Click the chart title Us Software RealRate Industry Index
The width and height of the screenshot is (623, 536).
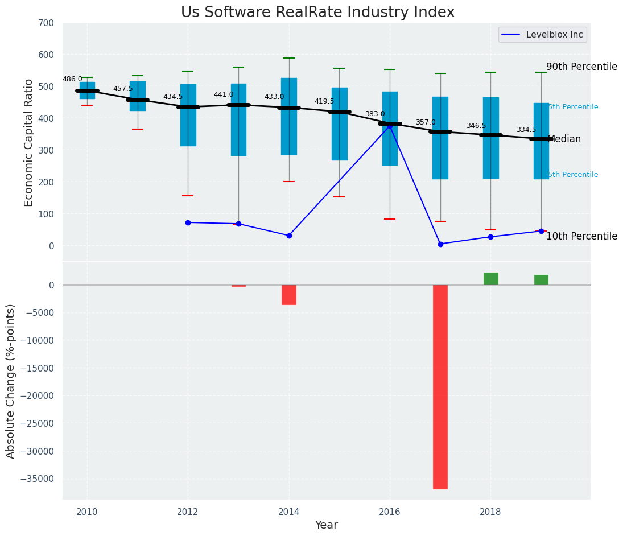point(317,13)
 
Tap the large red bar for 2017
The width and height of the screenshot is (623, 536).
point(440,386)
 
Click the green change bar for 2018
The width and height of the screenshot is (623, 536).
point(490,279)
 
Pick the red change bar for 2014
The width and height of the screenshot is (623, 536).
point(289,295)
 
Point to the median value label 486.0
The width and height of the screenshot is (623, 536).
point(72,80)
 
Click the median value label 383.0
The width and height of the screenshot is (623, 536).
point(375,114)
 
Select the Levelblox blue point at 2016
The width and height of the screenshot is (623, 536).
point(390,126)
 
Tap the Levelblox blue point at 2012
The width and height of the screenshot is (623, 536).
point(188,222)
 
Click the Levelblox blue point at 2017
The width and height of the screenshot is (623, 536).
point(440,244)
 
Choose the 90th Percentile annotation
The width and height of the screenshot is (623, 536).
point(581,67)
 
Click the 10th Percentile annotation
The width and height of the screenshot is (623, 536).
point(581,237)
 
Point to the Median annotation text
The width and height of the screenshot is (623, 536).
point(564,139)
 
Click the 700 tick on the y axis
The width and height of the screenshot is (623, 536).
point(46,23)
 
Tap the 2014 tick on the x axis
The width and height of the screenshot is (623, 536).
point(289,512)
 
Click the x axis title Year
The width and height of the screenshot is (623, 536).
point(327,525)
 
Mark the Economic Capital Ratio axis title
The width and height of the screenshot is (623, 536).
point(29,143)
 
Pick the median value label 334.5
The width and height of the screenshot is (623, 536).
point(526,130)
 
